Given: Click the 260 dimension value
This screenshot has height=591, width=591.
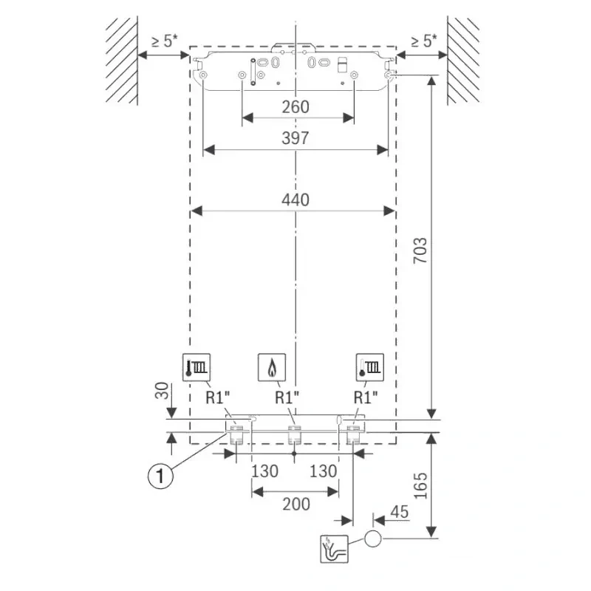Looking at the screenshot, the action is click(x=295, y=107).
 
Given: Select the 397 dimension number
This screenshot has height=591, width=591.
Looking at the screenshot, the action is click(x=295, y=138).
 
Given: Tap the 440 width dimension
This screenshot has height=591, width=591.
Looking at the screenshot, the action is click(x=295, y=199).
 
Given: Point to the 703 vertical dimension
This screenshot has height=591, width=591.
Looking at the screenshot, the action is click(x=420, y=250).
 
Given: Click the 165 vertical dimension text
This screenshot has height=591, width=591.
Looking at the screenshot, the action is click(x=420, y=486).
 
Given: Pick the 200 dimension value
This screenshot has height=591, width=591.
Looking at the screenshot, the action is click(x=296, y=505).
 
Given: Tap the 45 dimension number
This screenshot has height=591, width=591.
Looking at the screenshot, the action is click(x=400, y=512).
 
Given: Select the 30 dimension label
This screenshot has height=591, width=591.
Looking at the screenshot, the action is click(x=162, y=391).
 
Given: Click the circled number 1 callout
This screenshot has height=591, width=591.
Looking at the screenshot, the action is click(x=160, y=476).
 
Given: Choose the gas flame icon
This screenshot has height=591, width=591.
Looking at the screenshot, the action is click(x=272, y=367).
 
